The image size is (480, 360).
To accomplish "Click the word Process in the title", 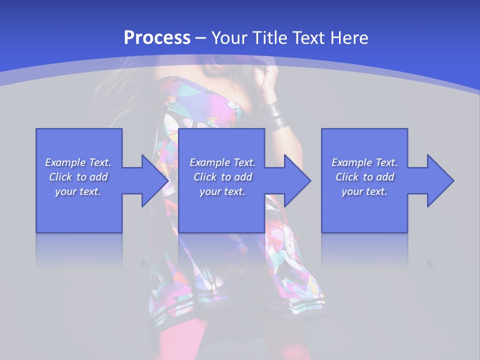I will pos(157,38).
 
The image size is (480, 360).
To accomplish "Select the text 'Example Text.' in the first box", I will pos(78,162).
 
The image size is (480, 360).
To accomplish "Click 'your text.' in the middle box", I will pos(222,191).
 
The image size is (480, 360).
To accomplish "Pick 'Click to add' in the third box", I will pos(364,177).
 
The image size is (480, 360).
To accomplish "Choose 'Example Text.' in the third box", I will pos(364,162).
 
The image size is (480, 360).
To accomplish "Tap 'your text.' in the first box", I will pos(78,191).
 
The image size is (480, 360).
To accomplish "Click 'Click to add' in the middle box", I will pos(222,177).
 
